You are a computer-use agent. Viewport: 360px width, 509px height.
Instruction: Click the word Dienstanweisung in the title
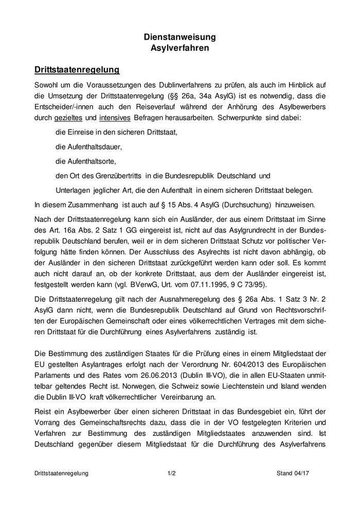pyautogui.click(x=179, y=38)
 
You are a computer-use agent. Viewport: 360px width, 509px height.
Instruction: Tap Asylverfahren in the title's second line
pyautogui.click(x=179, y=48)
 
